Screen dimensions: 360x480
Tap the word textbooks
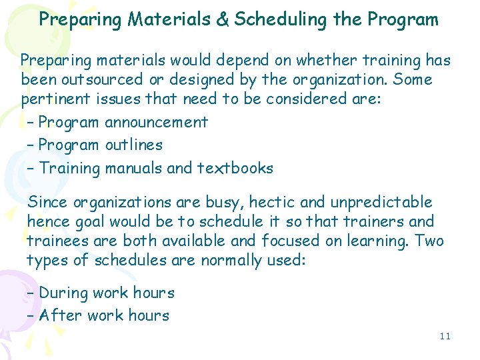click(235, 168)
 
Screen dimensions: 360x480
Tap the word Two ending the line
click(429, 241)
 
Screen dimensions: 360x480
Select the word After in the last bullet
click(58, 315)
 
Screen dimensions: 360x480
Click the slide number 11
click(445, 336)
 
